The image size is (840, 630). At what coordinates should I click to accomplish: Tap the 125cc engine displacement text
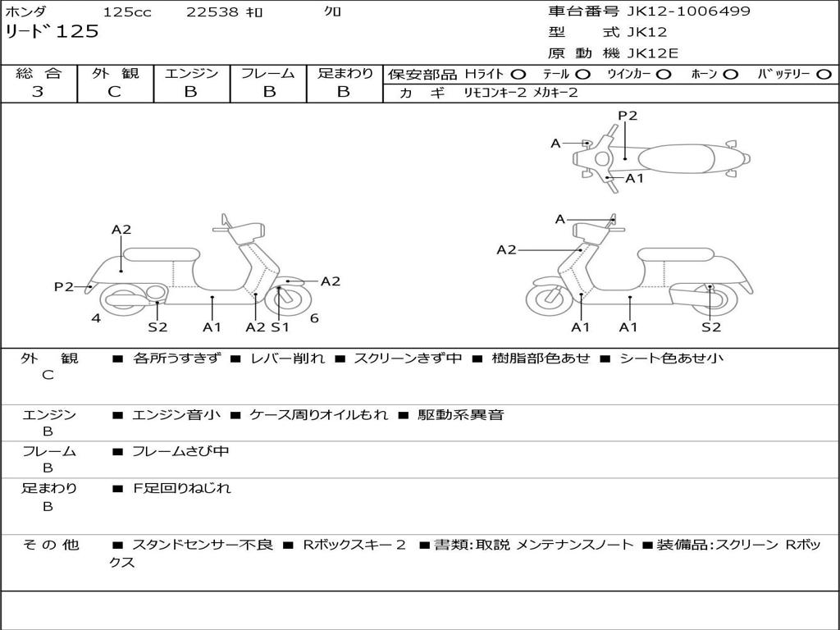[x=127, y=12]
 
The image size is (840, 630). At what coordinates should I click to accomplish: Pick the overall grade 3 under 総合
[x=38, y=92]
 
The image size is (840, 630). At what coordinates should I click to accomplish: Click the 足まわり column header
[x=345, y=73]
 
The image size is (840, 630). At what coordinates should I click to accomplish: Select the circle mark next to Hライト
[x=518, y=74]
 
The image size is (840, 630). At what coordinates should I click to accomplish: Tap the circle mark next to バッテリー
[x=824, y=74]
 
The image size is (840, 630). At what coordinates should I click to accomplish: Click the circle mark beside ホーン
[x=730, y=74]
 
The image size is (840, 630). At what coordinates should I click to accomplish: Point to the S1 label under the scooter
[x=281, y=327]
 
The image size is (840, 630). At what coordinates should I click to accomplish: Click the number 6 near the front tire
[x=314, y=318]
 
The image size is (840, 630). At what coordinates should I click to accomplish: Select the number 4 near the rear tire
[x=96, y=318]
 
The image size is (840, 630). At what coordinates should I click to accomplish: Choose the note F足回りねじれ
[x=182, y=488]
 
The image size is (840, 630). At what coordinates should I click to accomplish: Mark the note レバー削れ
[x=287, y=358]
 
